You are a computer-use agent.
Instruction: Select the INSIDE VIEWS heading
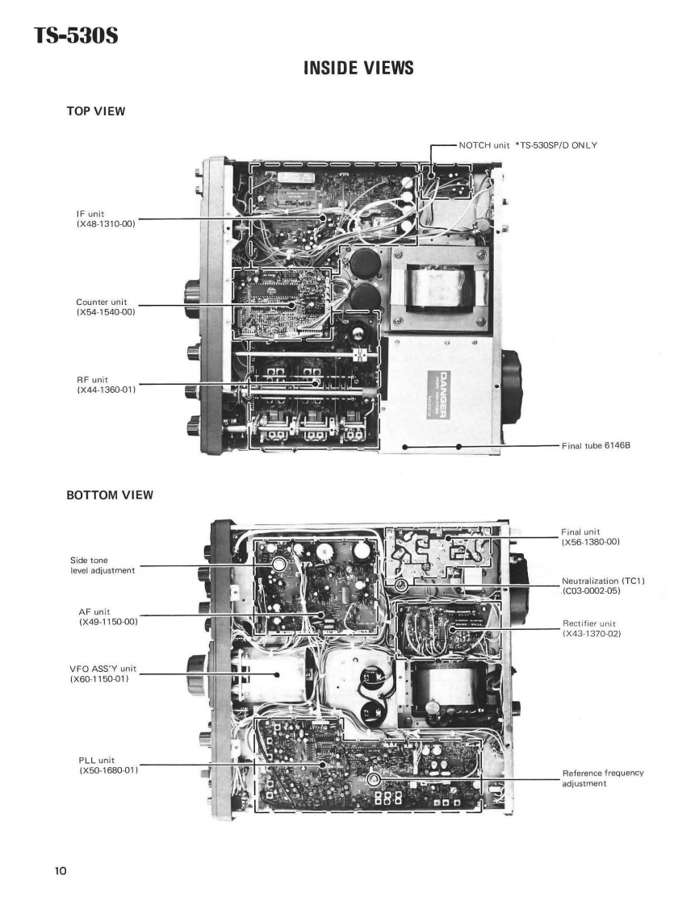(x=358, y=69)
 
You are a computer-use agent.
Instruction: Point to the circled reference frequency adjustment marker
(x=373, y=780)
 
